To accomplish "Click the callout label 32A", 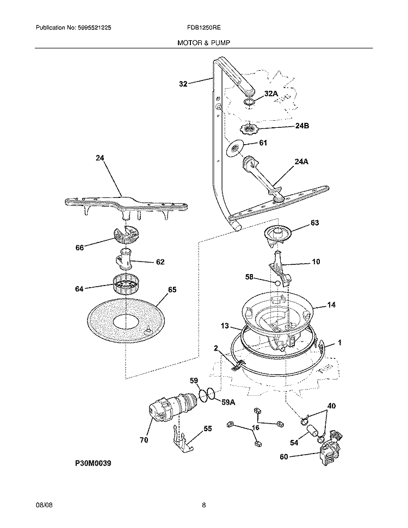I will click(x=271, y=94).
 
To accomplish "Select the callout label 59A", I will click(x=228, y=402).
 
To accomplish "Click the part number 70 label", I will click(x=144, y=440).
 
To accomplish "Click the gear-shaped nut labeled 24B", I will click(x=249, y=129).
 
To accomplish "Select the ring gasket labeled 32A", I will click(x=249, y=102).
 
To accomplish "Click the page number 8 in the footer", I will click(x=203, y=504).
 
